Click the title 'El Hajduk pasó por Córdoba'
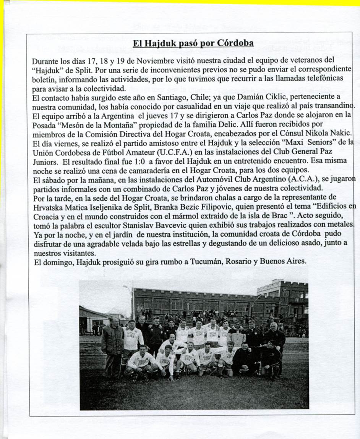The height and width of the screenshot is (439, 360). coord(193,43)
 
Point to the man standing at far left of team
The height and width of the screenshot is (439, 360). coord(112,345)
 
